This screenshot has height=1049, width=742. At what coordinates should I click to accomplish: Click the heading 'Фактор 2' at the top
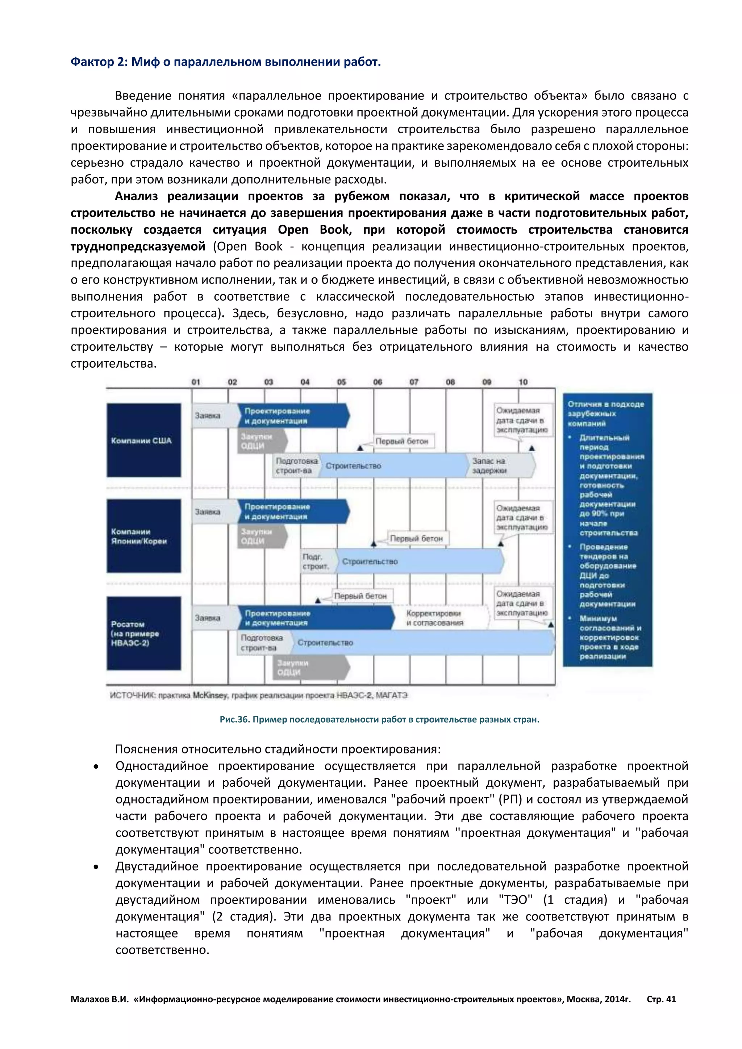coord(225,62)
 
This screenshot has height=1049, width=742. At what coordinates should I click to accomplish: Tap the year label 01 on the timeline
coord(196,382)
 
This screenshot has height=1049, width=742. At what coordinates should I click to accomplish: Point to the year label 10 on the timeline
coord(523,382)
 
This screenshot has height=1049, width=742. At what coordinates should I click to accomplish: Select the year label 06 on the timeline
coord(378,382)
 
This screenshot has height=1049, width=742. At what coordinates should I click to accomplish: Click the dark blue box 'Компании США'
coord(143,440)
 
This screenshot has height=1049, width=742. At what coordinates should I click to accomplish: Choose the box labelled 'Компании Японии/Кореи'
coord(143,536)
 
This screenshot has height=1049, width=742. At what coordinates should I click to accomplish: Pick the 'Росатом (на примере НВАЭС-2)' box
coord(143,633)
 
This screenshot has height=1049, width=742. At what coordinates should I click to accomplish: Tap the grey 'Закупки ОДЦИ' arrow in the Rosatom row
coord(311,668)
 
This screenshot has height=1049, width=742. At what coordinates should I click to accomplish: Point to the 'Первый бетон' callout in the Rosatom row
coord(360,596)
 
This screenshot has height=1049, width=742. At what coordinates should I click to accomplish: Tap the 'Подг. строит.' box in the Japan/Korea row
coord(316,561)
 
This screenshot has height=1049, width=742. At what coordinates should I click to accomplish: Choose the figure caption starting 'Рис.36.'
coord(379,720)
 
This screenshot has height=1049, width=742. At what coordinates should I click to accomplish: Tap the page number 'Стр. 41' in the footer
coord(661,999)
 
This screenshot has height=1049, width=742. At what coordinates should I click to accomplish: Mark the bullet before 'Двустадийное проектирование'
coord(96,868)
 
